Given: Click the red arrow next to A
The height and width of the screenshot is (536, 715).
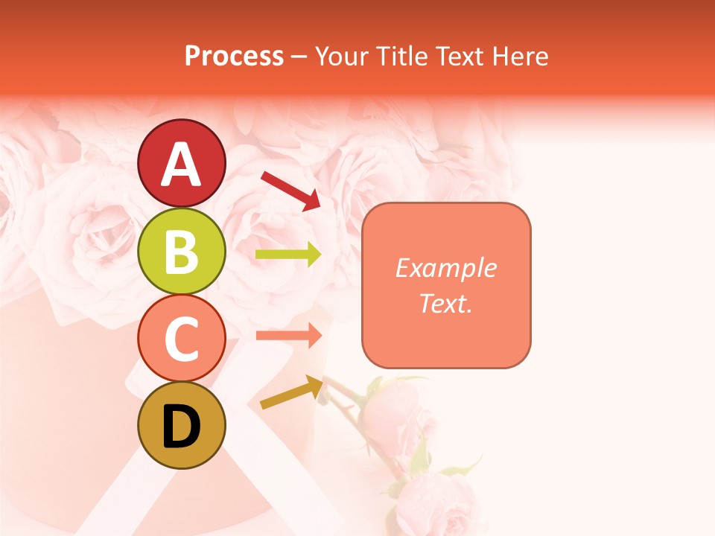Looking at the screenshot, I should point(290,190).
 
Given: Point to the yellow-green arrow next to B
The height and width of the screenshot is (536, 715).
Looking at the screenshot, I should point(288,255).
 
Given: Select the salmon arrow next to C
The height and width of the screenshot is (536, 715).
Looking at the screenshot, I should point(288,335).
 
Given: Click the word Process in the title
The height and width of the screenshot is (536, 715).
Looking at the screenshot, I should point(234,56).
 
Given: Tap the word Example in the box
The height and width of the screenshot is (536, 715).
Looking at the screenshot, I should point(445,268).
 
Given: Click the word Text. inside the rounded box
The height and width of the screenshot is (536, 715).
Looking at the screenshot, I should point(445,303).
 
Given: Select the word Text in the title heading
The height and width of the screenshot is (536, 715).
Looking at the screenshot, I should point(457,56).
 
